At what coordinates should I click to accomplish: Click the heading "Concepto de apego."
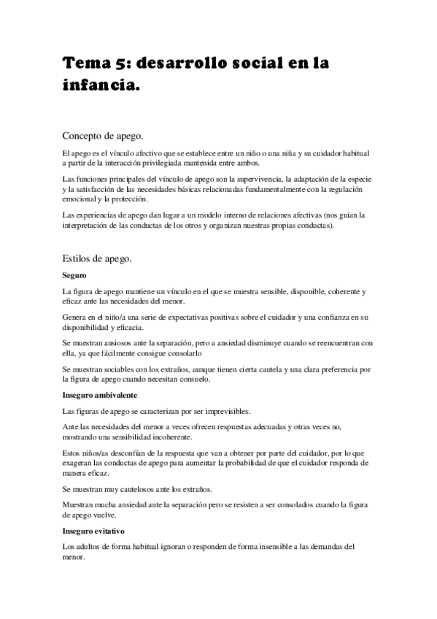point(102,135)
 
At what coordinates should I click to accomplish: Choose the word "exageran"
point(80,463)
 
